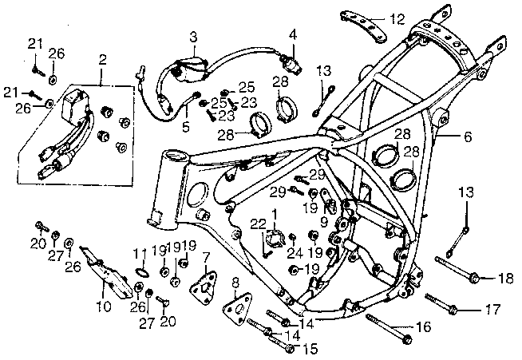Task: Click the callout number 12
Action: click(397, 18)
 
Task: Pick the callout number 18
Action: click(505, 278)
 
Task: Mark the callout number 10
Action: click(104, 306)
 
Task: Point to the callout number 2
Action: click(102, 60)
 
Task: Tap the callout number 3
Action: click(193, 37)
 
